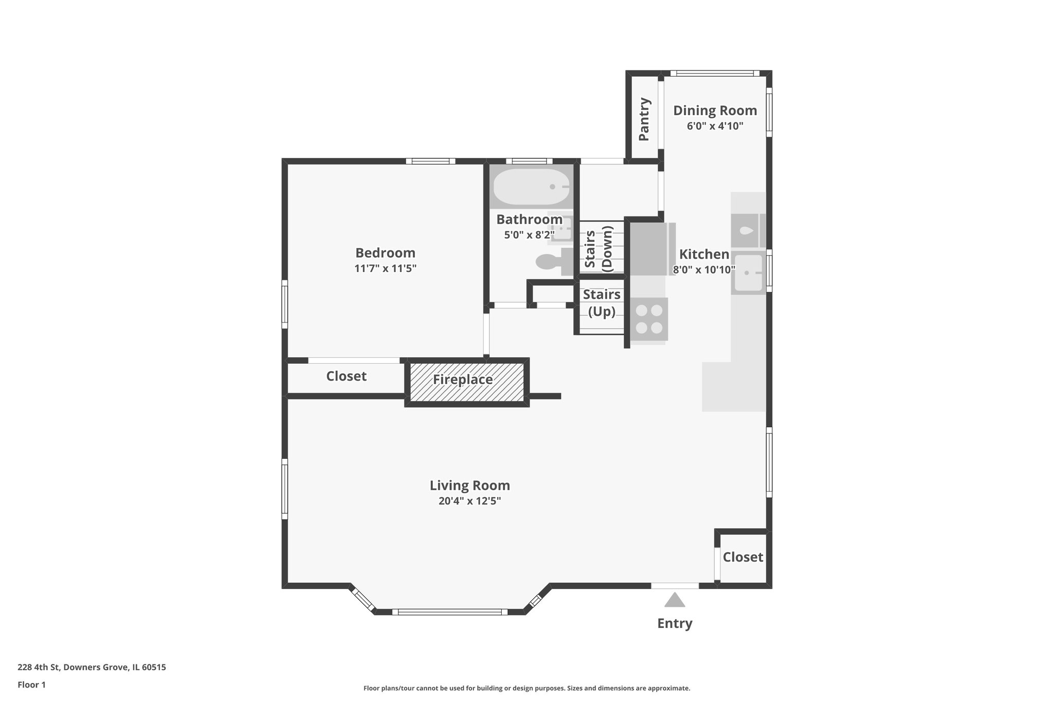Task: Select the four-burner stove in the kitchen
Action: click(649, 319)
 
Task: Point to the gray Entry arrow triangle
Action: click(674, 600)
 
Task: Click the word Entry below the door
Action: click(674, 623)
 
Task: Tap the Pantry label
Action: click(644, 119)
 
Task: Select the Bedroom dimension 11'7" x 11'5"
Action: click(385, 268)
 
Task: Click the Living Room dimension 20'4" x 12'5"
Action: click(469, 501)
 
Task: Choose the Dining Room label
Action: click(715, 111)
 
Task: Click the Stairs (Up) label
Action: click(601, 303)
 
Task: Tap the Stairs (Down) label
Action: click(599, 248)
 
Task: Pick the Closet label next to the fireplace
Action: click(346, 376)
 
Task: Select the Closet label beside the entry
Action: click(742, 557)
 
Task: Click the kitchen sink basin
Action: click(748, 273)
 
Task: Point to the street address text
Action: click(92, 668)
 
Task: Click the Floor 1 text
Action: click(31, 685)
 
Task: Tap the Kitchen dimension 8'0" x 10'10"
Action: click(704, 269)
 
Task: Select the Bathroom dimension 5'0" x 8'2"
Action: click(529, 235)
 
